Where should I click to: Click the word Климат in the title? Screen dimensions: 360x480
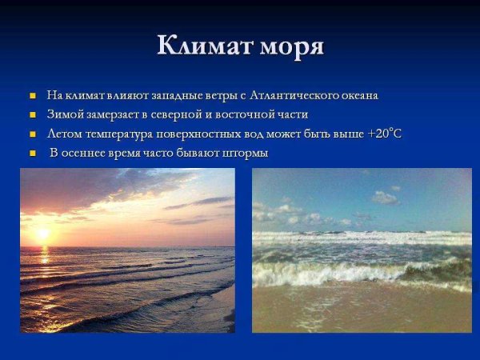(x=204, y=46)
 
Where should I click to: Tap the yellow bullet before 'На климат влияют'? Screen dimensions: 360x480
(x=33, y=96)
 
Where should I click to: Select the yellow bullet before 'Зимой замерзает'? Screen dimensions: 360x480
(x=33, y=115)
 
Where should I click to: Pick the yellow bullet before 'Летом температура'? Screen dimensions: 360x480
(x=33, y=134)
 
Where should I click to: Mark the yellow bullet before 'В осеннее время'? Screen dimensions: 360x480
(x=33, y=154)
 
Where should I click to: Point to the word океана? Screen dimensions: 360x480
(x=357, y=96)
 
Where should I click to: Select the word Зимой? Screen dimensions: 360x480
(x=64, y=115)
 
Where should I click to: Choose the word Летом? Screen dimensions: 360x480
(x=64, y=134)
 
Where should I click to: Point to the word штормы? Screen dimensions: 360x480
(x=245, y=154)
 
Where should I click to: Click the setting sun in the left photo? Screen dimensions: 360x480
(x=42, y=233)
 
